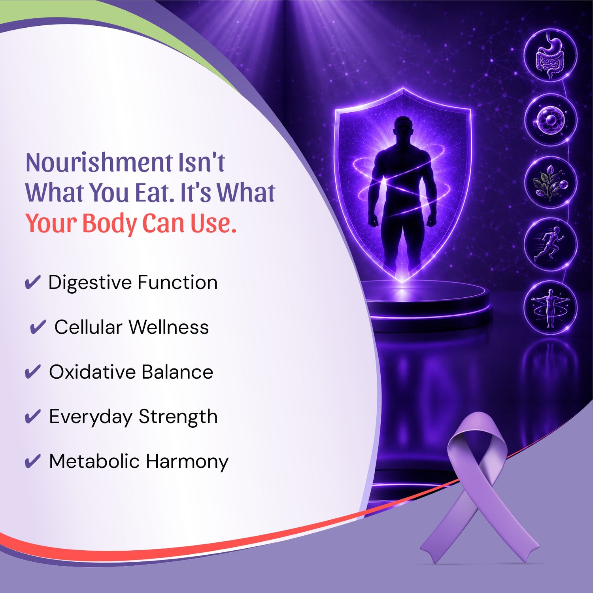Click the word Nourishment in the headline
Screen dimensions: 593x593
pyautogui.click(x=99, y=162)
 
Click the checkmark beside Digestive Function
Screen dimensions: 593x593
pyautogui.click(x=32, y=283)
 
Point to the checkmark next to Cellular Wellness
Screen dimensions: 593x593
pyautogui.click(x=38, y=327)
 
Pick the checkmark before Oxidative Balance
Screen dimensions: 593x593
pyautogui.click(x=32, y=372)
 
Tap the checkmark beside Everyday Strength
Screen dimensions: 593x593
pyautogui.click(x=32, y=417)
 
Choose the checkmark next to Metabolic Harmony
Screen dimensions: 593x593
pyautogui.click(x=32, y=461)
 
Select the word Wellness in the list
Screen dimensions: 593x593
pyautogui.click(x=169, y=327)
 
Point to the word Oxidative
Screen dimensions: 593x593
pyautogui.click(x=93, y=372)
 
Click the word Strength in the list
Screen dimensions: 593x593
pyautogui.click(x=178, y=417)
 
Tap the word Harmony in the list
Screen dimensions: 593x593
pyautogui.click(x=187, y=462)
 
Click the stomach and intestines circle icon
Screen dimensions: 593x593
pyautogui.click(x=551, y=56)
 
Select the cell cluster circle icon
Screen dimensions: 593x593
pyautogui.click(x=551, y=120)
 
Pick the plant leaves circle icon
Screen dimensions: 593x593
pyautogui.click(x=551, y=182)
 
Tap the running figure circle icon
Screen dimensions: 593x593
pyautogui.click(x=551, y=245)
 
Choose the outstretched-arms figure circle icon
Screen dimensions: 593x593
pyautogui.click(x=551, y=308)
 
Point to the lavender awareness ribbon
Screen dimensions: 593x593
pyautogui.click(x=478, y=486)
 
